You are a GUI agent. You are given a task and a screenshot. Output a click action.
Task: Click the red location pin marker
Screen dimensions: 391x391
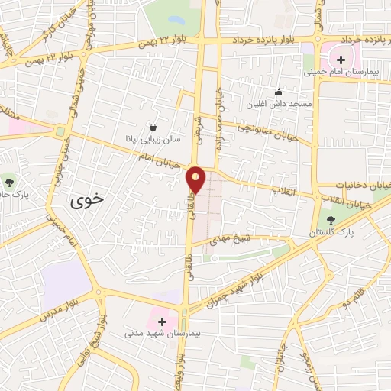click(x=196, y=179)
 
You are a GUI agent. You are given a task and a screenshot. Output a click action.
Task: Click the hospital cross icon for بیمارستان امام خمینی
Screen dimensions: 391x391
click(x=341, y=60)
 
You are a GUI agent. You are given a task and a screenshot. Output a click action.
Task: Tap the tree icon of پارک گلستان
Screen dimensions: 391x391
click(x=329, y=220)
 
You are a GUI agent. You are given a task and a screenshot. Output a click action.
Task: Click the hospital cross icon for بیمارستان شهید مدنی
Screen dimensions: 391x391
click(x=162, y=322)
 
